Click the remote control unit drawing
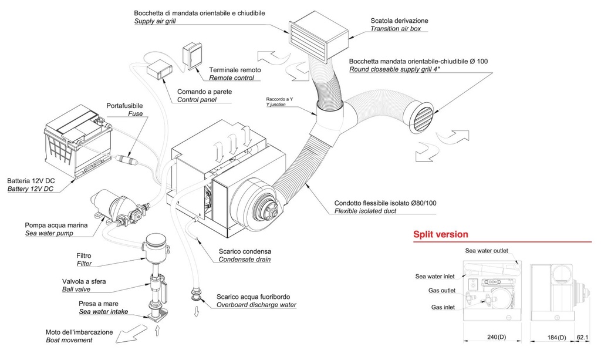(x=192, y=56)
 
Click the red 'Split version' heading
(x=441, y=234)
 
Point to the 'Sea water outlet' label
(x=487, y=251)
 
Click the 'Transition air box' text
(x=395, y=29)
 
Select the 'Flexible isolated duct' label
(x=365, y=211)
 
